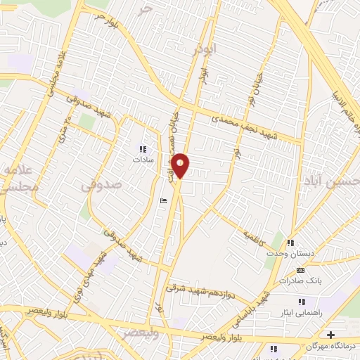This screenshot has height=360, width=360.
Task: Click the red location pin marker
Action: (x=181, y=165)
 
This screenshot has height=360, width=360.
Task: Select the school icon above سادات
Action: (x=143, y=149)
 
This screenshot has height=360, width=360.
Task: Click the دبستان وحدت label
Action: (x=288, y=258)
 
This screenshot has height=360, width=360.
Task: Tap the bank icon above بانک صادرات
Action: (x=301, y=270)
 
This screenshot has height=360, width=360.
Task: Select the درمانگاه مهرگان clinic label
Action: (x=330, y=346)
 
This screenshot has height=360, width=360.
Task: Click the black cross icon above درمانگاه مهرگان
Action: (x=330, y=335)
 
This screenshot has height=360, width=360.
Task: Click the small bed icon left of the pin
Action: (x=163, y=202)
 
